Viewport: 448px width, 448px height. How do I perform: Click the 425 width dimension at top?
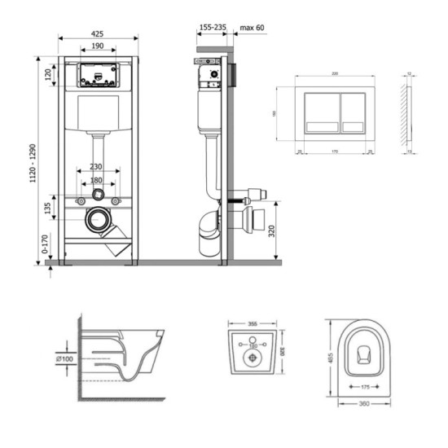click(97, 34)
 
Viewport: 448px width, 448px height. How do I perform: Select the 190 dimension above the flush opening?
click(97, 46)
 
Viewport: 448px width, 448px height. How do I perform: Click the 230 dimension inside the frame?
click(97, 165)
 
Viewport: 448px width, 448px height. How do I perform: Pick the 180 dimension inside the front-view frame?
click(97, 180)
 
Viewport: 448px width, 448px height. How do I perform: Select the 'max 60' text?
click(251, 27)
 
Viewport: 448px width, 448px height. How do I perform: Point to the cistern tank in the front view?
click(98, 113)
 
